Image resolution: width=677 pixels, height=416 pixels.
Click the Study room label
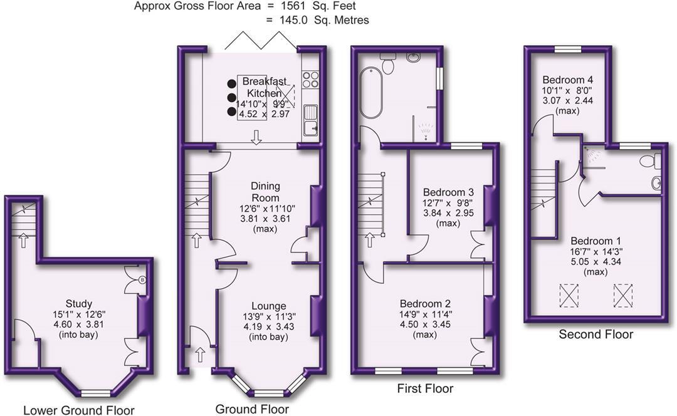click(x=78, y=303)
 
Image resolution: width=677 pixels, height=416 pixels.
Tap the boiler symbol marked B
click(x=142, y=280)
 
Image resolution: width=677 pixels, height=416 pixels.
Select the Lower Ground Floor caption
click(x=78, y=410)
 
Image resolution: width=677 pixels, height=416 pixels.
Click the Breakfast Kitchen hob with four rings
click(x=310, y=79)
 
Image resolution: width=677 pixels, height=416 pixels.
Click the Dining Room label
click(x=266, y=192)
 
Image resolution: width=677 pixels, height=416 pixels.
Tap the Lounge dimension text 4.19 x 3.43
click(x=269, y=326)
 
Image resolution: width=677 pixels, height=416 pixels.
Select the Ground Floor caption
click(x=252, y=408)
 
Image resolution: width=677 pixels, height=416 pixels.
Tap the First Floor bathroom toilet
click(x=387, y=63)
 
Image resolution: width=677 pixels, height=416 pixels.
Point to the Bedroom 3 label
click(x=448, y=192)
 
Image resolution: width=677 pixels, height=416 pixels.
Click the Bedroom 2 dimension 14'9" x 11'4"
click(x=426, y=314)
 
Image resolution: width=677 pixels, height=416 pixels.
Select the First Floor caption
click(x=425, y=388)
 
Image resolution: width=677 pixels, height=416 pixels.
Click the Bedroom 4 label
click(x=567, y=80)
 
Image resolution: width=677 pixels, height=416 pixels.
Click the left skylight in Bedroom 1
click(x=569, y=296)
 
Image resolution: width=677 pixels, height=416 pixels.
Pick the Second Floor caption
click(x=596, y=334)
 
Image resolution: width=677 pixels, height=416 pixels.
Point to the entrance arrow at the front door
click(x=200, y=355)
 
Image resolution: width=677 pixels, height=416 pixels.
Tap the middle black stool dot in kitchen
click(x=232, y=98)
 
